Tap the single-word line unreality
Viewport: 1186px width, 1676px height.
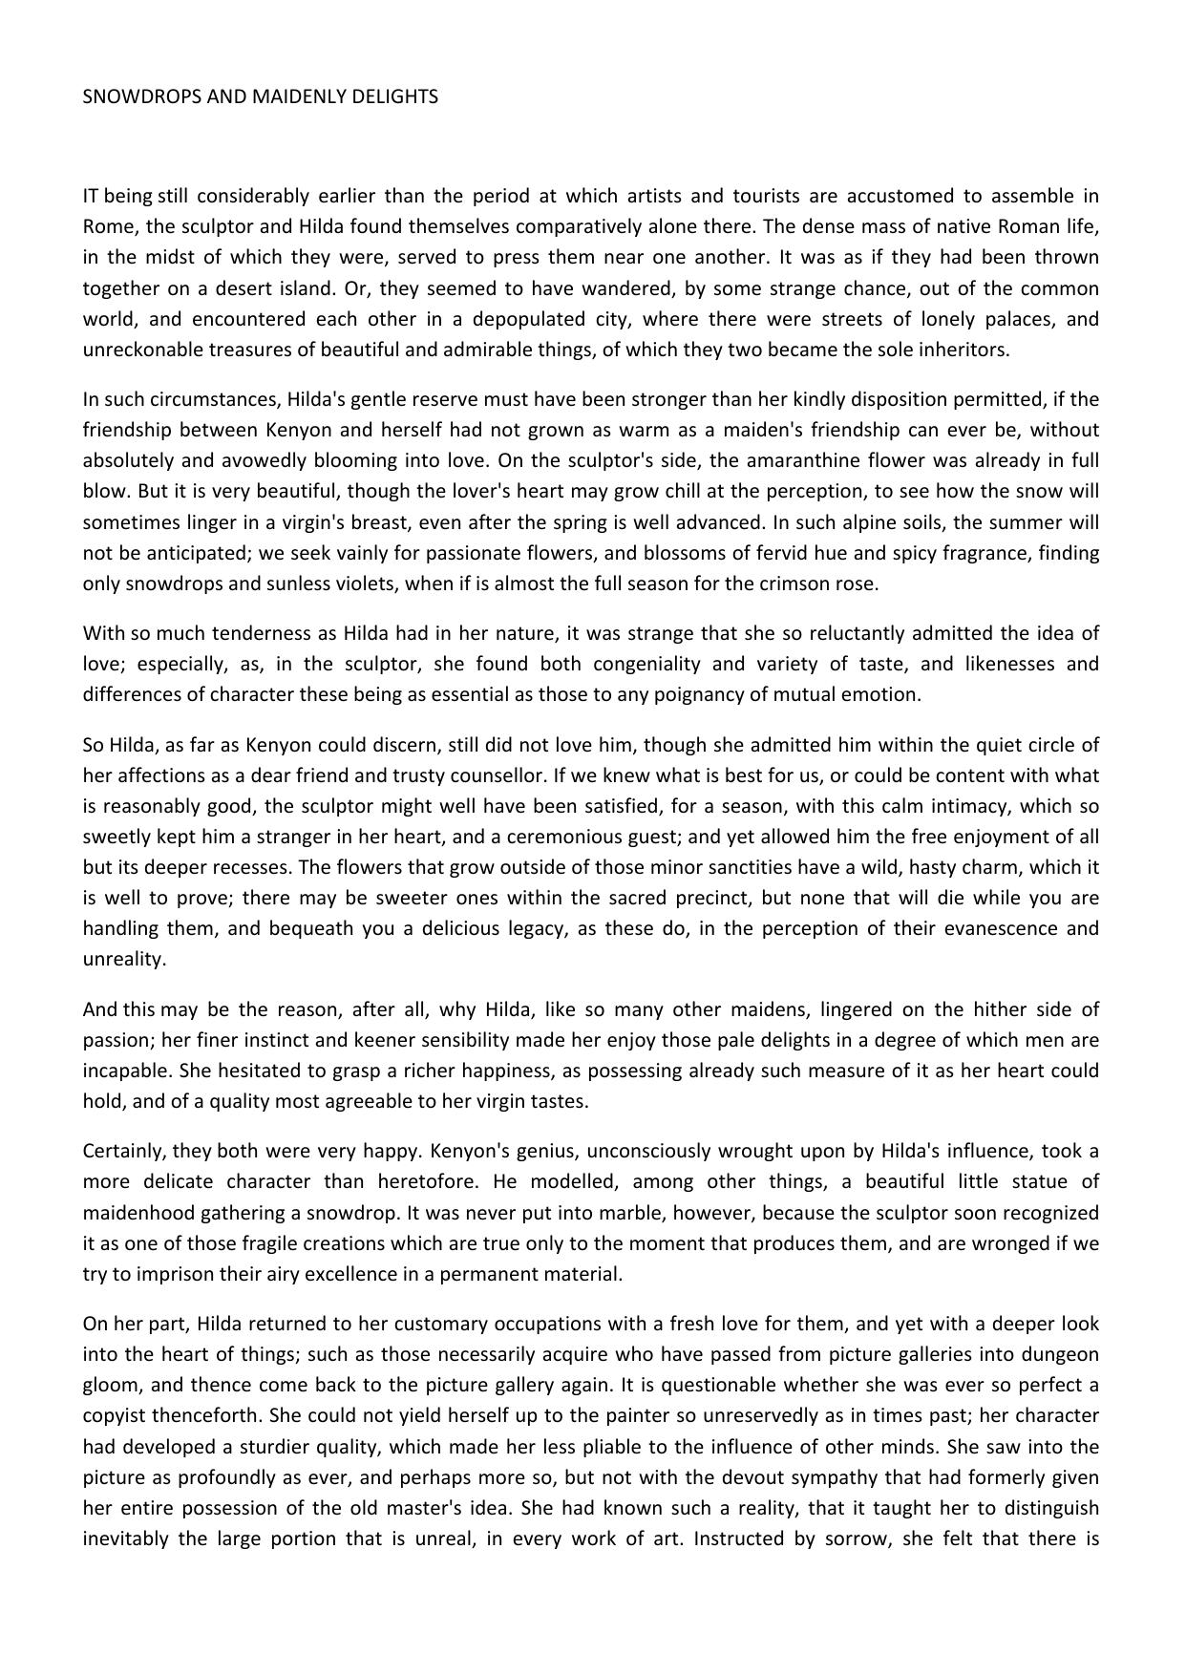[x=124, y=959]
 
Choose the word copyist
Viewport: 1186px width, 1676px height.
[x=113, y=1415]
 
